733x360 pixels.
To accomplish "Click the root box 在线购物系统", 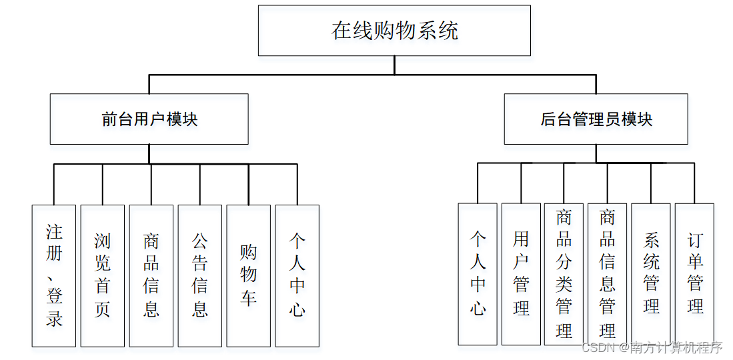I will coord(394,31).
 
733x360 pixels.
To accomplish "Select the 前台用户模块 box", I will coord(149,119).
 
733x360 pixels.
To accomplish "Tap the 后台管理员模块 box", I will coord(596,119).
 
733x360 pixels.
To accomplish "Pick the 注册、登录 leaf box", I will coord(54,275).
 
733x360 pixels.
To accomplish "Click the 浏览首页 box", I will coord(102,275).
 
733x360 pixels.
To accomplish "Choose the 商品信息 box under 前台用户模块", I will coord(151,275).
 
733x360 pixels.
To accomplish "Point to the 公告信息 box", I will coord(199,275).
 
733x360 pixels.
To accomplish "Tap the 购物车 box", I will coord(248,275).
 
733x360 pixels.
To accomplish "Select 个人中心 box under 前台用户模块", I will coord(297,275).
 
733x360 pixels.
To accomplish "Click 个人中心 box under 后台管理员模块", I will coord(478,274).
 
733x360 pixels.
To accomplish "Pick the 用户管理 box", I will coord(521,274).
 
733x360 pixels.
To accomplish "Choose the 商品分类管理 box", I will coord(564,274).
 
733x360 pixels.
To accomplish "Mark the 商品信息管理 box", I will coord(607,274).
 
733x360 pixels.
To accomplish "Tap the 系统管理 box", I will coord(651,274).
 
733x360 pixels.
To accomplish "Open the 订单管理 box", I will coord(694,274).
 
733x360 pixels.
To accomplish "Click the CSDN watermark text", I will coord(652,347).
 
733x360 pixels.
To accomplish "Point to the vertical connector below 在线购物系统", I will coord(394,65).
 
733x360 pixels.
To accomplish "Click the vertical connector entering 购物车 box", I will coord(248,184).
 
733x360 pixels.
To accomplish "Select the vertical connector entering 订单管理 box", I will coord(694,183).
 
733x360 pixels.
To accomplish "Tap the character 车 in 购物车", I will coord(248,297).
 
